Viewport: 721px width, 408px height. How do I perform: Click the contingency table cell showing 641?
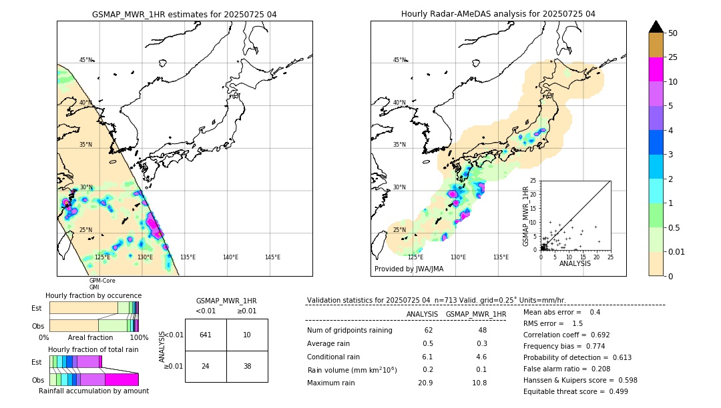tap(206, 335)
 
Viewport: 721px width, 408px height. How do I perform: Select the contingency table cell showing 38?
tap(247, 366)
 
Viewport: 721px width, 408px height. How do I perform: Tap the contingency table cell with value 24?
tap(206, 366)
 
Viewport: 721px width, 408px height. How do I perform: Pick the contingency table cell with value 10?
tap(247, 335)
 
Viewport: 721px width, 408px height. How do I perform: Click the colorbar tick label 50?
tap(673, 33)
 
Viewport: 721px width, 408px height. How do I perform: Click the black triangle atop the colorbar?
tap(656, 27)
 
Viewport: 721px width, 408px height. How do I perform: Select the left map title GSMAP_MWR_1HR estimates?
tap(184, 14)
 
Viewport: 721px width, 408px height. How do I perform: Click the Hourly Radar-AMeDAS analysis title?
tap(498, 14)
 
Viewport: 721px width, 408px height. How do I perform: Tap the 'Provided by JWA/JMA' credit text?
tap(409, 269)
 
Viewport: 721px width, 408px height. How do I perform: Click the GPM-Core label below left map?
tap(102, 281)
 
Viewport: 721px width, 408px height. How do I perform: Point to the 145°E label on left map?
tap(272, 257)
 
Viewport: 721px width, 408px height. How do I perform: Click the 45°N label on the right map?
tap(399, 60)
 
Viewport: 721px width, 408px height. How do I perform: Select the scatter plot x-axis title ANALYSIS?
tap(575, 263)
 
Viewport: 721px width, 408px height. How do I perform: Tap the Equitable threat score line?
tap(575, 391)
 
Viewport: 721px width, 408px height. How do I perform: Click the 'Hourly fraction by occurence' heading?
tap(93, 295)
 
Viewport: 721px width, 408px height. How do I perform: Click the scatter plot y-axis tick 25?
tap(533, 181)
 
